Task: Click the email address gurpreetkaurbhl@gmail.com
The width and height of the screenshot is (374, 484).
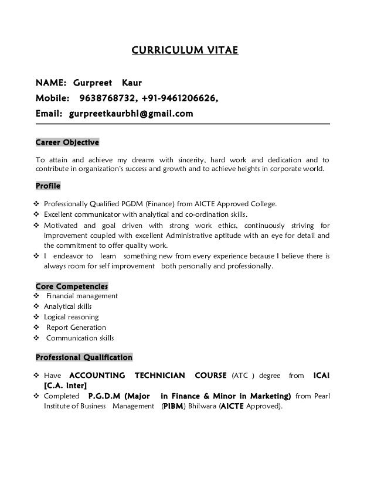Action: tap(131, 113)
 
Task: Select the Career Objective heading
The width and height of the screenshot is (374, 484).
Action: tap(67, 142)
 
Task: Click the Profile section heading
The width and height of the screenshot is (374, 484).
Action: tap(49, 186)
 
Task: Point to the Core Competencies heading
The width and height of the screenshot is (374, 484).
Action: tap(72, 287)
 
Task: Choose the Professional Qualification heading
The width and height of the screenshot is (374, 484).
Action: tap(84, 357)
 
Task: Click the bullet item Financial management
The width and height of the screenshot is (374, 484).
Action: tap(82, 296)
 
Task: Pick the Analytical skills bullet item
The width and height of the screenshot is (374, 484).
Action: tap(68, 306)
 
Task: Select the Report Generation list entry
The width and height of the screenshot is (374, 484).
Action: tap(76, 328)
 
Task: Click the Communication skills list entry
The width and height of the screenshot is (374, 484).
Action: tap(80, 338)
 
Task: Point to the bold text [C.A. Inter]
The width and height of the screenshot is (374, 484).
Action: tap(66, 386)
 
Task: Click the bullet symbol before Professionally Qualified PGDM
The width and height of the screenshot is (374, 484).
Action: tap(38, 204)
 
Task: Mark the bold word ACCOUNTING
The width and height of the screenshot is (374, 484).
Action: tap(97, 375)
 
